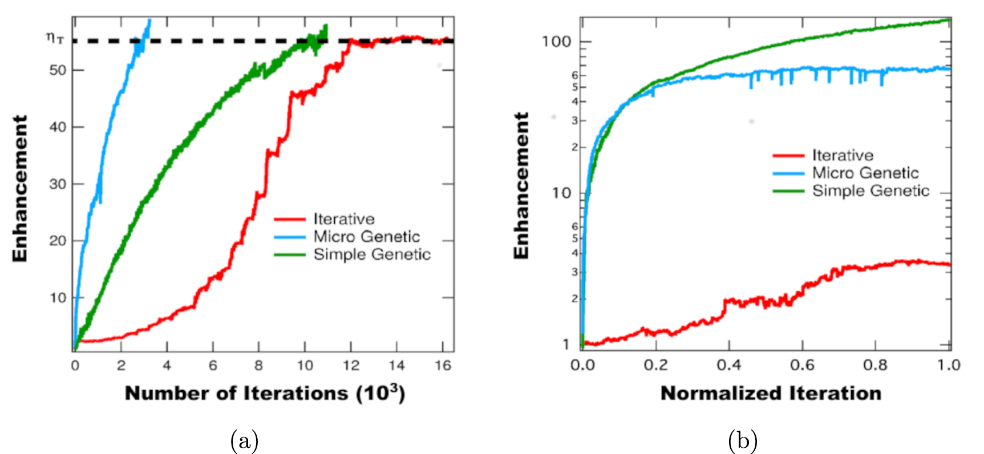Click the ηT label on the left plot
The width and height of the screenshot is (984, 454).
pyautogui.click(x=55, y=38)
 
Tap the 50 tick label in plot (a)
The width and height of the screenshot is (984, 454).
pyautogui.click(x=58, y=70)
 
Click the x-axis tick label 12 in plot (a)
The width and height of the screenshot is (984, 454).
pyautogui.click(x=351, y=366)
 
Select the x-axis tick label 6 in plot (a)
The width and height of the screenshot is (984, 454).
pyautogui.click(x=213, y=366)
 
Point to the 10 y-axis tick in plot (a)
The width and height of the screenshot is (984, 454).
pyautogui.click(x=58, y=298)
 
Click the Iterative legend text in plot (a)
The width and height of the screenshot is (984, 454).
pyautogui.click(x=344, y=219)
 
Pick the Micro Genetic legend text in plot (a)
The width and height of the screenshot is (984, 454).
pyautogui.click(x=366, y=237)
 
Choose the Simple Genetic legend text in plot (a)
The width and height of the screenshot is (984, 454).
pyautogui.click(x=372, y=254)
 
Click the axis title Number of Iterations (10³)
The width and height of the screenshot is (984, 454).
pyautogui.click(x=265, y=394)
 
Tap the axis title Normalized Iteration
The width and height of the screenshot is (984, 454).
pyautogui.click(x=771, y=394)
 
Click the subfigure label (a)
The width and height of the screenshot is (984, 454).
pyautogui.click(x=244, y=441)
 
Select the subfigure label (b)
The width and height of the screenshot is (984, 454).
pyautogui.click(x=743, y=441)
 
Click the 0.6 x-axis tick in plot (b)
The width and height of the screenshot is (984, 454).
pyautogui.click(x=802, y=365)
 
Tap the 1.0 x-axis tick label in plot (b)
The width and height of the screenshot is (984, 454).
pyautogui.click(x=949, y=365)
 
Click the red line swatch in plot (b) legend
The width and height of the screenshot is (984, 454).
pyautogui.click(x=788, y=155)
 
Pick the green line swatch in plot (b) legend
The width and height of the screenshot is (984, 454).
pyautogui.click(x=788, y=191)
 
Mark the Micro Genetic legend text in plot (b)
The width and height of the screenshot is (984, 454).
pyautogui.click(x=865, y=173)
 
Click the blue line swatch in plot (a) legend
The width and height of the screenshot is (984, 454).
pyautogui.click(x=290, y=237)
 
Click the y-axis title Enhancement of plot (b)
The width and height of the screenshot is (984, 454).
pyautogui.click(x=521, y=185)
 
